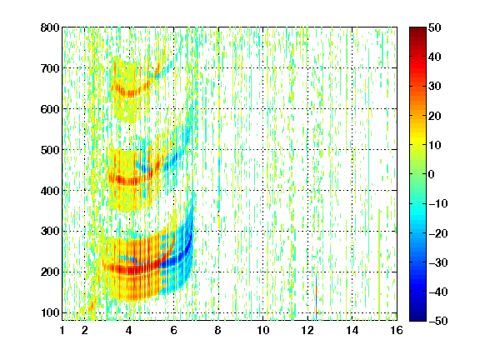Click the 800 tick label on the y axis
tap(50, 27)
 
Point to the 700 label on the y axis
tap(50, 68)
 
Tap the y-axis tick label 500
tap(50, 150)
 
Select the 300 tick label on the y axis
tap(50, 232)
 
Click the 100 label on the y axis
tap(50, 312)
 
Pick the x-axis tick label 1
tap(62, 330)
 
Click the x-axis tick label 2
tap(85, 330)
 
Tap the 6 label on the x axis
tap(174, 330)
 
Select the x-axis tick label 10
tap(263, 330)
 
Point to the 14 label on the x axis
tap(352, 330)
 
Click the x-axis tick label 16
tap(397, 330)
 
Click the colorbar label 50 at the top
tap(434, 27)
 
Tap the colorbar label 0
tap(432, 174)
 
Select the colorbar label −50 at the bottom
tap(438, 321)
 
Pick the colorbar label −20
tap(438, 233)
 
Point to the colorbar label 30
tap(434, 87)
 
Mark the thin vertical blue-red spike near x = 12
tap(316, 295)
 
